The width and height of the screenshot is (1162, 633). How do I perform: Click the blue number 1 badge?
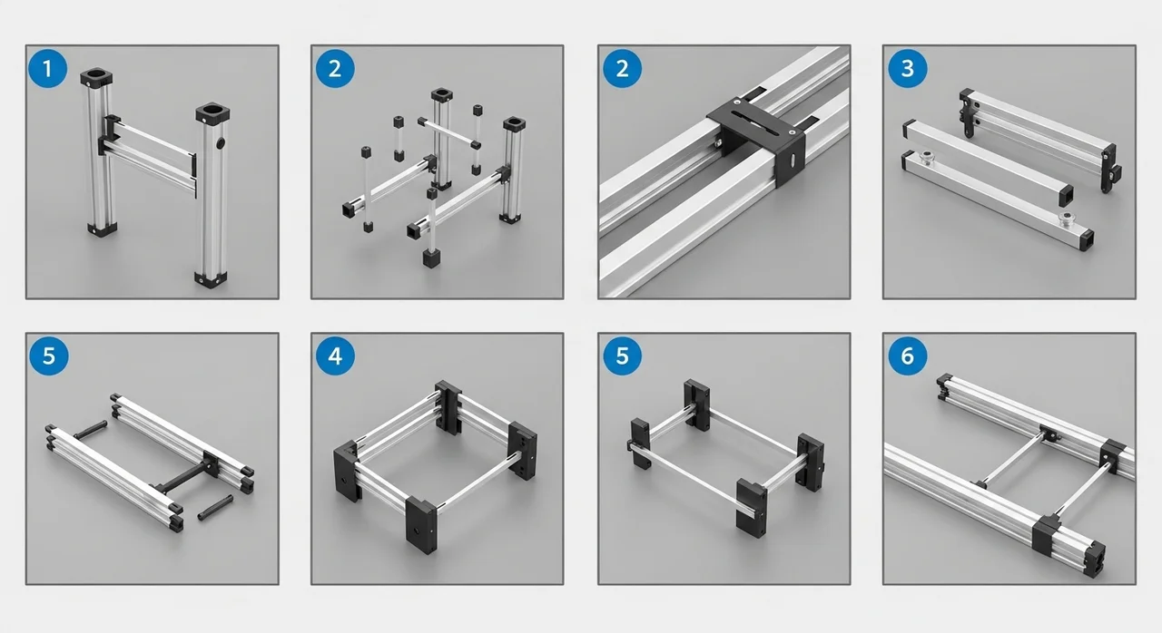(48, 68)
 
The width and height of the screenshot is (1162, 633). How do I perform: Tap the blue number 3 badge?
(908, 68)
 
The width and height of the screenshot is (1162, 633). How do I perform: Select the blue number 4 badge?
(335, 355)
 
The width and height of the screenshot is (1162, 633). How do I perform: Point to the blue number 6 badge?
(908, 355)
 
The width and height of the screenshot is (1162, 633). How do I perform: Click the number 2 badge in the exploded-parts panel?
(335, 68)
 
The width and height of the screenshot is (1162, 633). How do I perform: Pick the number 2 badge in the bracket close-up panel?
(622, 68)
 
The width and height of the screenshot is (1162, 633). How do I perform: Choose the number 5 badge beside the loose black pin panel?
(49, 355)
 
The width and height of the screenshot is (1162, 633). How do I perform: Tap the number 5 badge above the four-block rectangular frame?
(622, 355)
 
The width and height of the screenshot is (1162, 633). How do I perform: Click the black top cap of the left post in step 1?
(96, 78)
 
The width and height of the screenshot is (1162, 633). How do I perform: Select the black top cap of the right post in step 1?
(212, 114)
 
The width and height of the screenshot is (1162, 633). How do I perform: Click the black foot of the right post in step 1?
(212, 278)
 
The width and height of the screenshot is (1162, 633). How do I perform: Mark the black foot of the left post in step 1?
(102, 229)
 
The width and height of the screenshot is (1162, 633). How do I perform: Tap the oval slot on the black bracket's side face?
(793, 160)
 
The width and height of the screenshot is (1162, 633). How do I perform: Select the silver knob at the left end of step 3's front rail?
(924, 157)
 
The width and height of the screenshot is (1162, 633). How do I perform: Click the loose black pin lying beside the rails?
(215, 508)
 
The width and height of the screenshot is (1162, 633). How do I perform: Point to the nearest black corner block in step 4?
(422, 524)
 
